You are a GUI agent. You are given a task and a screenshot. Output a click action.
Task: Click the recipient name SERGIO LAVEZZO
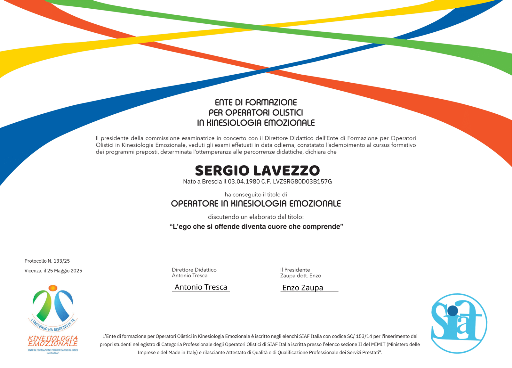pyautogui.click(x=257, y=171)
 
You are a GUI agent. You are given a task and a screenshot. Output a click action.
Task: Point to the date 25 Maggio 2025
pyautogui.click(x=65, y=271)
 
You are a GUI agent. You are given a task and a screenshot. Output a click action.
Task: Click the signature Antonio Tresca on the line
pyautogui.click(x=201, y=287)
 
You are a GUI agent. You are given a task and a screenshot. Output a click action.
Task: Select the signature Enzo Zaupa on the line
pyautogui.click(x=303, y=288)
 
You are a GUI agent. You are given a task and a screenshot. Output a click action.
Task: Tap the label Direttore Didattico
pyautogui.click(x=194, y=270)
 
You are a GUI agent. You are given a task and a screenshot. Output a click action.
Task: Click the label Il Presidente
pyautogui.click(x=295, y=270)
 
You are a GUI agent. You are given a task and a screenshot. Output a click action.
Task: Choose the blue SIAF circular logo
pyautogui.click(x=459, y=323)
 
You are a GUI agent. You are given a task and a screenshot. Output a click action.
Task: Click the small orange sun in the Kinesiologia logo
pyautogui.click(x=53, y=288)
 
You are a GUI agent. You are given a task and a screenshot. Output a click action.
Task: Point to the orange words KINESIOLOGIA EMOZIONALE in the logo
pyautogui.click(x=53, y=341)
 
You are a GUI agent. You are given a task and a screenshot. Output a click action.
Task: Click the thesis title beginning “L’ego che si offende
pyautogui.click(x=256, y=227)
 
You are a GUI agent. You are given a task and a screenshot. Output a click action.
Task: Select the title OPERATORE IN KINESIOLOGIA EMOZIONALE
pyautogui.click(x=256, y=204)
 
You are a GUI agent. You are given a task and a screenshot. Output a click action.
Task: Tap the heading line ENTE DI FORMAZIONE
pyautogui.click(x=256, y=102)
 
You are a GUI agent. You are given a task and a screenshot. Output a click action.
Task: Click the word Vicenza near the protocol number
pyautogui.click(x=33, y=271)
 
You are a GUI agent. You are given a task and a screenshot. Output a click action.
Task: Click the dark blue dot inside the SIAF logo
pyautogui.click(x=452, y=310)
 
